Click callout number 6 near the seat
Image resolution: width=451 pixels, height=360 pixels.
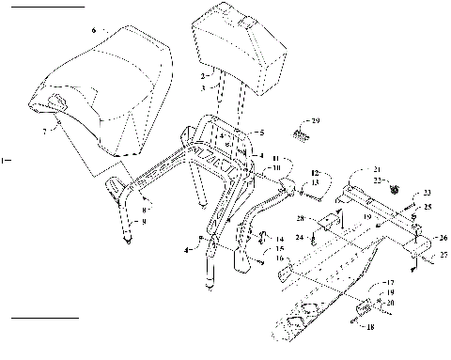tap(94, 31)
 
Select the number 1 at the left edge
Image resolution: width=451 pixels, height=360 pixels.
tap(5, 160)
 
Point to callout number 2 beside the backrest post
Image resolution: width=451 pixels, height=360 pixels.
tap(204, 74)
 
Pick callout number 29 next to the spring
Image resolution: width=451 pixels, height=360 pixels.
tap(316, 121)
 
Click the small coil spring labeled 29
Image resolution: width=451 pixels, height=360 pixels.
tap(300, 133)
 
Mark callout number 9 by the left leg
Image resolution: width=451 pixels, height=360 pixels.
tap(144, 222)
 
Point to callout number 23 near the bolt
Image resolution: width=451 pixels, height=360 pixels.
tap(427, 192)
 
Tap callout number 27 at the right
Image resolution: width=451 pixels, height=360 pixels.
tap(431, 254)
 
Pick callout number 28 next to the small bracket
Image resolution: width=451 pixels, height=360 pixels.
tap(299, 218)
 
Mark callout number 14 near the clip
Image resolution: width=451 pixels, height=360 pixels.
tap(280, 239)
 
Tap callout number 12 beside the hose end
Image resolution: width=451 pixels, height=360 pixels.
tap(315, 173)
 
